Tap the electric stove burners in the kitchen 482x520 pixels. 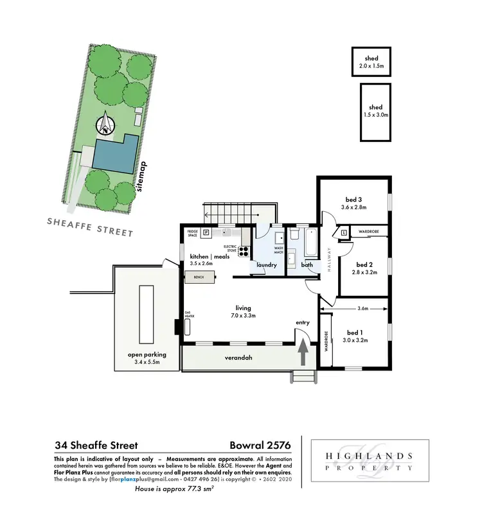click(x=244, y=251)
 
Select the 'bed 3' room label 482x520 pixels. click(x=353, y=198)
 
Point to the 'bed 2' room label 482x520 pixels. click(x=364, y=264)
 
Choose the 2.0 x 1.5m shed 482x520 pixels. click(x=371, y=62)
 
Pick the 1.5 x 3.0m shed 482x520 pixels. click(x=376, y=111)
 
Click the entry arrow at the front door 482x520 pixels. click(x=302, y=356)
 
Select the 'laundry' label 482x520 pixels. click(x=266, y=264)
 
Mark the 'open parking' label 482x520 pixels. click(x=147, y=354)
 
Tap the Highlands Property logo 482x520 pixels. click(x=370, y=462)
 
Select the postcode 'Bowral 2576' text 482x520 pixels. click(x=260, y=444)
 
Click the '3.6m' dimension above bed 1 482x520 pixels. click(x=362, y=309)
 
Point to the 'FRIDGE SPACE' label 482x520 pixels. click(x=192, y=233)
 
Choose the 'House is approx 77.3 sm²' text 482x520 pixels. click(x=174, y=489)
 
